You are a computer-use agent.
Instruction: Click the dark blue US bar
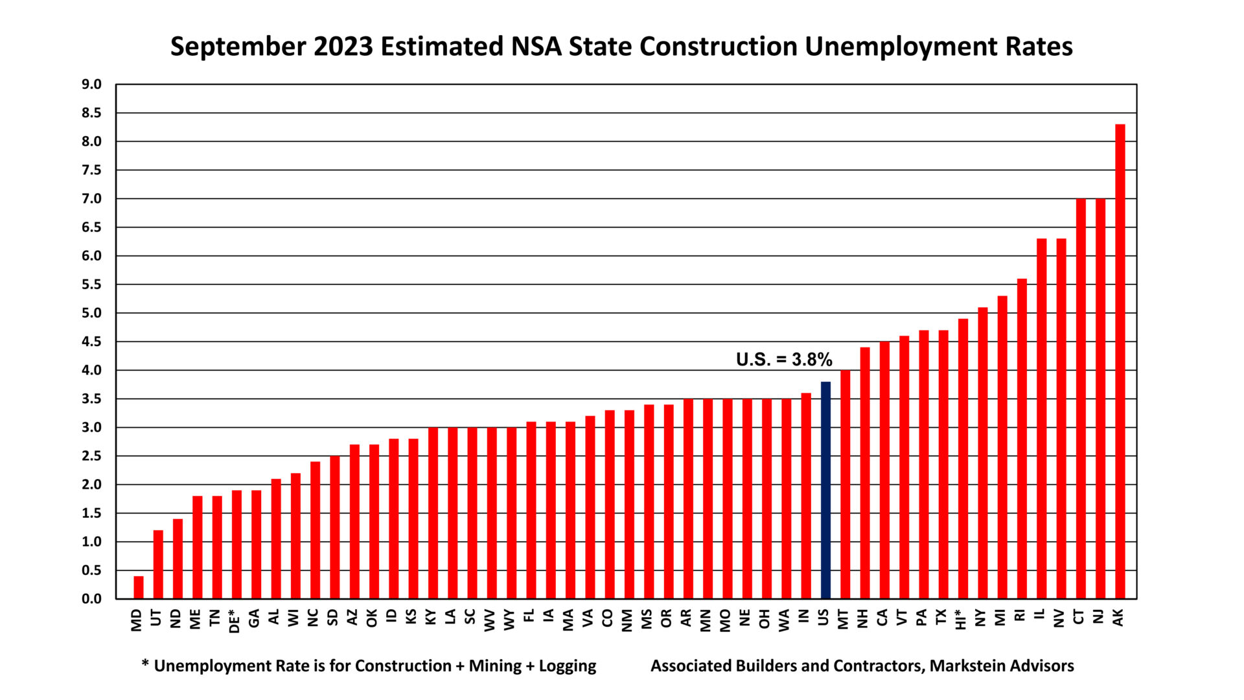click(x=825, y=490)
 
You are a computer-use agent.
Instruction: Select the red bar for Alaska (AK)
click(x=1120, y=361)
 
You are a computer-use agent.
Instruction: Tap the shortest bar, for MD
click(x=139, y=587)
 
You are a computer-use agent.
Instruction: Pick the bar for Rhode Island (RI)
click(x=1022, y=439)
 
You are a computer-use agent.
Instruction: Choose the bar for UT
click(x=158, y=564)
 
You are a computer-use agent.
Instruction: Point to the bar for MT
click(x=845, y=484)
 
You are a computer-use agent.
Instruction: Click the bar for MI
click(x=1002, y=447)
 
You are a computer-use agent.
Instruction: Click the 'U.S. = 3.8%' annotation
click(x=784, y=360)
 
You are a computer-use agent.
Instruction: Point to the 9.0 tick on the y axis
click(x=92, y=84)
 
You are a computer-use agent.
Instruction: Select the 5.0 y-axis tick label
click(x=92, y=313)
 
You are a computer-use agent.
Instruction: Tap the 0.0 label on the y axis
click(x=92, y=599)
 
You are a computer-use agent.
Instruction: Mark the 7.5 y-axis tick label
click(x=92, y=170)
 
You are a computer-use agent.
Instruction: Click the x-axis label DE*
click(x=236, y=620)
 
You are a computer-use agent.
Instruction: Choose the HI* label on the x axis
click(x=962, y=619)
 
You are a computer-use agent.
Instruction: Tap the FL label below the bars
click(x=531, y=616)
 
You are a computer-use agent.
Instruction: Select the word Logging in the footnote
click(x=568, y=666)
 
